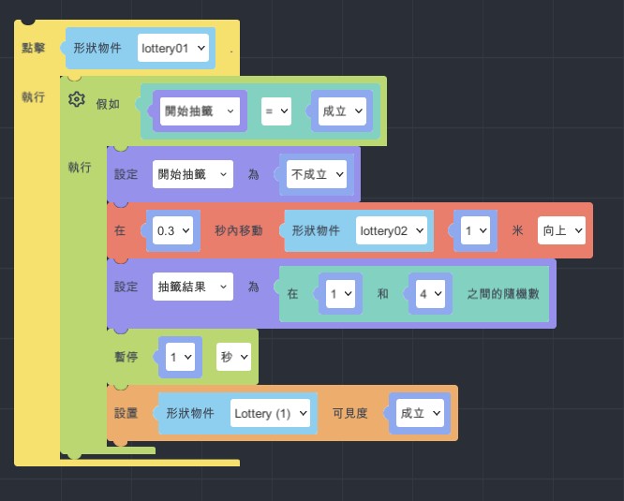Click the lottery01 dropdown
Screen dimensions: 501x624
[x=173, y=47]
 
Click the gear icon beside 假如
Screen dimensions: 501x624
[x=77, y=100]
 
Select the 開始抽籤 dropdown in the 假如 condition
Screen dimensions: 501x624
[x=200, y=111]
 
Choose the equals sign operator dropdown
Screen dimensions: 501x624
[x=276, y=111]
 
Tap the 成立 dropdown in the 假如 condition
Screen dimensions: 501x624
[x=340, y=111]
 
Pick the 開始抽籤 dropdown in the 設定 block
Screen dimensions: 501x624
[x=192, y=173]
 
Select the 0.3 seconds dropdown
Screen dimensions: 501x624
[x=172, y=229]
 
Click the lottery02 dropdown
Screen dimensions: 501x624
[x=392, y=229]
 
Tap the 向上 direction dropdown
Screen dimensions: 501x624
[x=561, y=229]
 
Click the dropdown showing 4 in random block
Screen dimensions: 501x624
[x=429, y=293]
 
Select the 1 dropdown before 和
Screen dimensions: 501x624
[x=339, y=293]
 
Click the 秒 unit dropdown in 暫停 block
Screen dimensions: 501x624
[x=233, y=357]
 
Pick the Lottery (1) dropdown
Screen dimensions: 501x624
[x=270, y=413]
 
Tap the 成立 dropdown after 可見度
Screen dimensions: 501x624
[x=419, y=413]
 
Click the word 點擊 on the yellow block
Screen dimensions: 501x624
[x=33, y=47]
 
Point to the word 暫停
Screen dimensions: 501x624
[x=126, y=357]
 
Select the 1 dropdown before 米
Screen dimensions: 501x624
[x=476, y=229]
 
